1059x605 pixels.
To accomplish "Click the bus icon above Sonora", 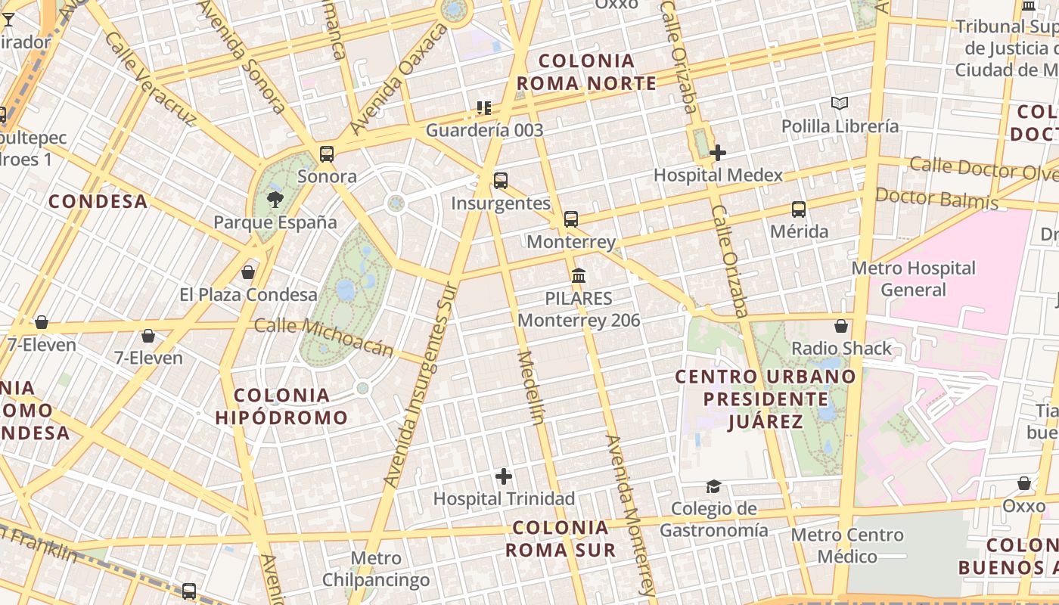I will click(x=327, y=154).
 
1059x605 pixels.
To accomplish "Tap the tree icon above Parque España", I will click(x=275, y=200).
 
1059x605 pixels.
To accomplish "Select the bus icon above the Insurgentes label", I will click(x=501, y=181).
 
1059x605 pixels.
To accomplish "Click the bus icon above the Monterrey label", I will click(x=571, y=219).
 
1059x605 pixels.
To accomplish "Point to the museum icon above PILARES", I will click(x=579, y=275).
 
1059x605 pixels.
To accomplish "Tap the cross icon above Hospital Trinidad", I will click(x=504, y=476).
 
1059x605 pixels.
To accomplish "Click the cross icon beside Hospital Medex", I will click(x=718, y=153).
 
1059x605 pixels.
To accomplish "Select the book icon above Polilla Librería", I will click(x=840, y=103).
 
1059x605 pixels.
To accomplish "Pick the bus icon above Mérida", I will click(x=799, y=209).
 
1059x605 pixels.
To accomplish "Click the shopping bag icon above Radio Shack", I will click(x=841, y=326).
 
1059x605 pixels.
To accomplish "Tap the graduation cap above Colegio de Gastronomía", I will click(x=713, y=486).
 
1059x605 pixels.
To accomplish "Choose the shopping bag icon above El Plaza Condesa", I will click(x=248, y=272).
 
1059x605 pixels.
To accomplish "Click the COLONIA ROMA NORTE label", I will click(x=586, y=72).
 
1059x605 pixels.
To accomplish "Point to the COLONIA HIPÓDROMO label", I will click(x=281, y=406).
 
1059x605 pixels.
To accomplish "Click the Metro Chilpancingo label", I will click(x=376, y=569).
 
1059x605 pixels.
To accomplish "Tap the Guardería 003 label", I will click(x=484, y=130).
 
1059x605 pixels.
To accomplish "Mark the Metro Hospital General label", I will click(x=914, y=279).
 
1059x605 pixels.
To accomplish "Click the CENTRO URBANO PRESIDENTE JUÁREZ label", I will click(x=766, y=399).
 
